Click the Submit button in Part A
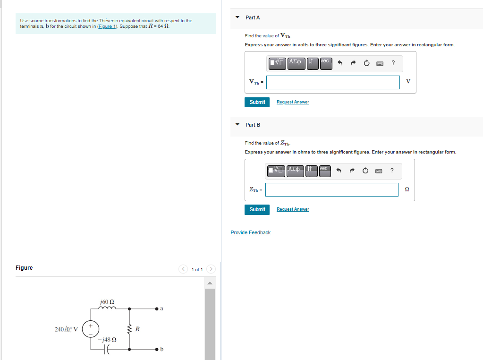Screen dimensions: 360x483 click(x=257, y=102)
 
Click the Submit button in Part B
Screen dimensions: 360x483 click(x=257, y=209)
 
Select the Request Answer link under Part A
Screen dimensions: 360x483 click(x=293, y=102)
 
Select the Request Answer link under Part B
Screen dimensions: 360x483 click(x=293, y=209)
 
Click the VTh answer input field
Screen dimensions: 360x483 click(x=333, y=82)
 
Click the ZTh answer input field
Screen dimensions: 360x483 click(x=332, y=189)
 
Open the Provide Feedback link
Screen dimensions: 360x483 click(x=250, y=232)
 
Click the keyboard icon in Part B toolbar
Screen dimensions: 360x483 click(x=378, y=171)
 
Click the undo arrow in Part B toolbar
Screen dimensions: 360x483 click(x=339, y=171)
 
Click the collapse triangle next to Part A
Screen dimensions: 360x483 click(x=237, y=17)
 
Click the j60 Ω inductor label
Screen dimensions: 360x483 click(x=107, y=301)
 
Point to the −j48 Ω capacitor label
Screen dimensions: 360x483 click(x=107, y=339)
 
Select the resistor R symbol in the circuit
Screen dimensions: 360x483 click(x=130, y=329)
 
